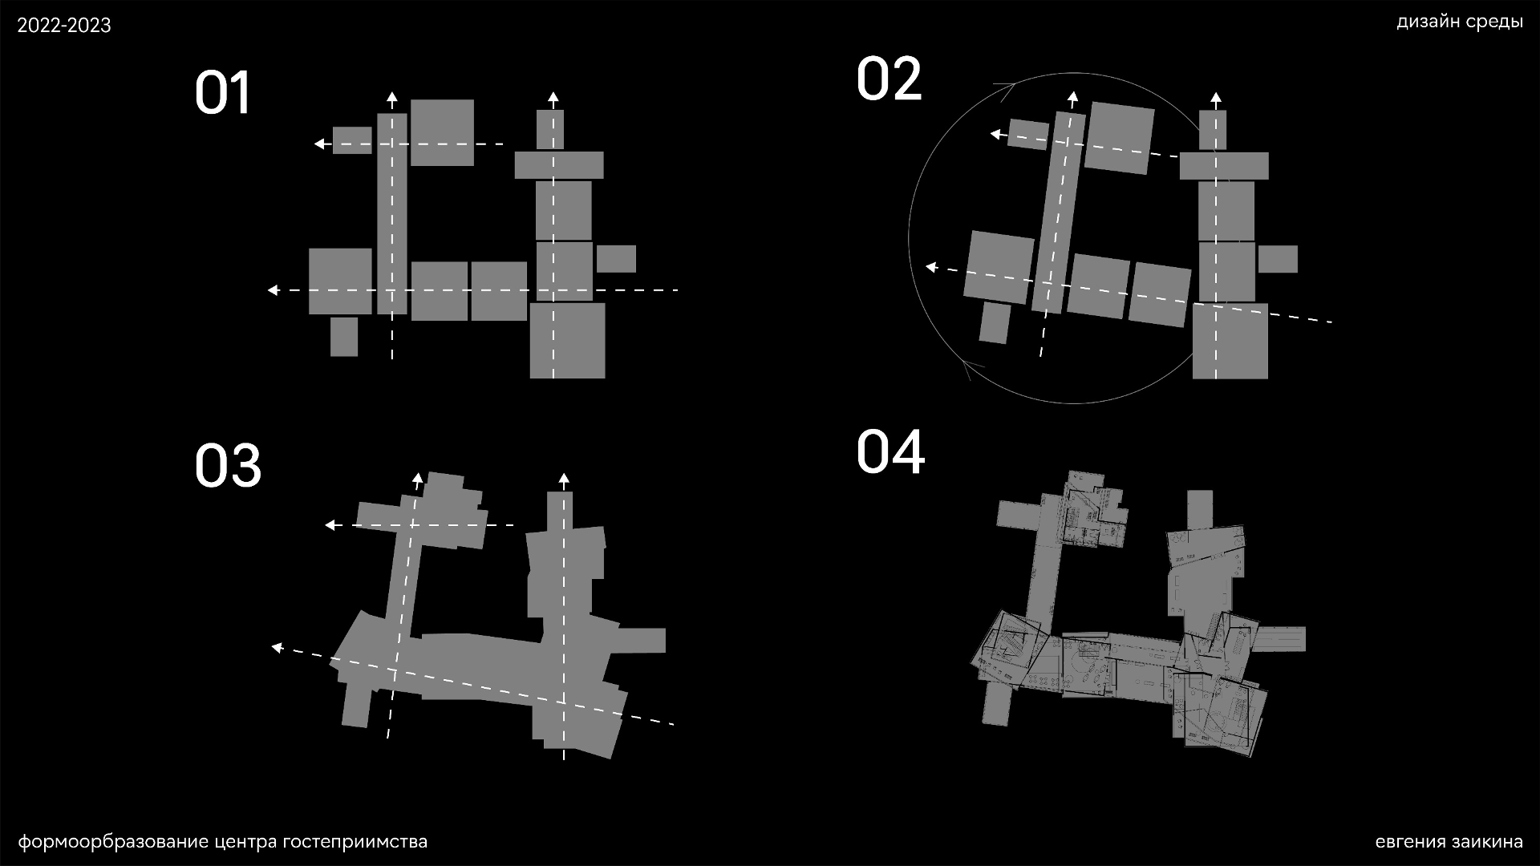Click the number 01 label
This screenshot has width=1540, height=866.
coord(223,93)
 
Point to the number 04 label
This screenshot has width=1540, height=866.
coord(890,451)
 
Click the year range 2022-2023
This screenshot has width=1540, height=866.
coord(64,26)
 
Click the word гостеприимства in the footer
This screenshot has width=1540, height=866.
coord(355,842)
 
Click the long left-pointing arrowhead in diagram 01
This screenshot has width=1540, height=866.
coord(274,289)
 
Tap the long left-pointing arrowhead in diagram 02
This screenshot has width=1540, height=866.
coord(931,267)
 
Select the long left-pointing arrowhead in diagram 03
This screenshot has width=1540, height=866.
coord(277,647)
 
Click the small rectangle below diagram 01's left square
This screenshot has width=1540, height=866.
coord(344,337)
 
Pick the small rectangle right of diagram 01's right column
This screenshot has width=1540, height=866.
coord(616,259)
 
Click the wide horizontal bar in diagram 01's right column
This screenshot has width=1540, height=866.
coord(559,165)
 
